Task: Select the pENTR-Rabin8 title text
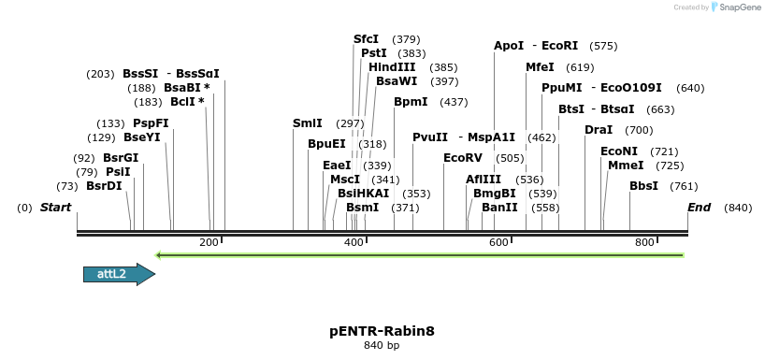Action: (382, 331)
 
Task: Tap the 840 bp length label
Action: (382, 346)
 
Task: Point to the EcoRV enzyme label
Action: (463, 158)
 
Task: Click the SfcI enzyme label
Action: (366, 39)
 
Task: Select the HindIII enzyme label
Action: (392, 67)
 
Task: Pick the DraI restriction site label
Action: (599, 130)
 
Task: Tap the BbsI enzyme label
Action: (643, 186)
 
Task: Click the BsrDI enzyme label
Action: (104, 186)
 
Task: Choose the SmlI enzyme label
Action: (307, 123)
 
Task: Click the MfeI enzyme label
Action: (540, 67)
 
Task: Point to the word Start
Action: (55, 207)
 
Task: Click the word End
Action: (699, 207)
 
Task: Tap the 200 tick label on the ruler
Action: (209, 242)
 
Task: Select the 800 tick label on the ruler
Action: (644, 242)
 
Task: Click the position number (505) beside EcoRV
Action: (510, 158)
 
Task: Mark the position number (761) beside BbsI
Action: (684, 186)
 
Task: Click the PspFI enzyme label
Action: (151, 123)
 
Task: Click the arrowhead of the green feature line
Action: (160, 254)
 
